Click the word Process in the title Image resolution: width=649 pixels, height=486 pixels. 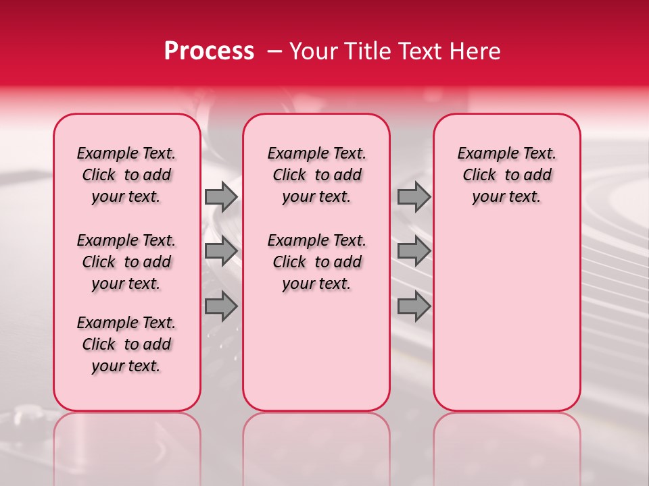tap(209, 51)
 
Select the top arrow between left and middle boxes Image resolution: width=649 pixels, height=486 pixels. tap(221, 196)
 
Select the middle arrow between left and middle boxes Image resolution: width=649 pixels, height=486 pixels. tap(221, 250)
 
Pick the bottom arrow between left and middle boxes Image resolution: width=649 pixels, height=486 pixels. tap(221, 306)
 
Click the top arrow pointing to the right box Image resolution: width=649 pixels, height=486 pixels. tap(414, 196)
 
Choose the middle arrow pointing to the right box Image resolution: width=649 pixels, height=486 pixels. tap(414, 250)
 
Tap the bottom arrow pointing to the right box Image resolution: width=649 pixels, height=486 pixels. tap(414, 306)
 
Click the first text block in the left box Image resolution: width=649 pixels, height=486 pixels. tap(126, 175)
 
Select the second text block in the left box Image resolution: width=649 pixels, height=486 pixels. tap(126, 262)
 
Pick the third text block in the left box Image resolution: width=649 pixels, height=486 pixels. tap(126, 344)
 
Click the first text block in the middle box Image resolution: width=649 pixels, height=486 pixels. tap(316, 175)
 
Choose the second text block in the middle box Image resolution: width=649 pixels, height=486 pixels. tap(316, 262)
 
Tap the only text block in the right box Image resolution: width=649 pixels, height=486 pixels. tap(506, 175)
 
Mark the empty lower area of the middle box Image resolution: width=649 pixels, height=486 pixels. tap(316, 351)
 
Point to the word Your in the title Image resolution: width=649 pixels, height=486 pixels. tap(310, 51)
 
